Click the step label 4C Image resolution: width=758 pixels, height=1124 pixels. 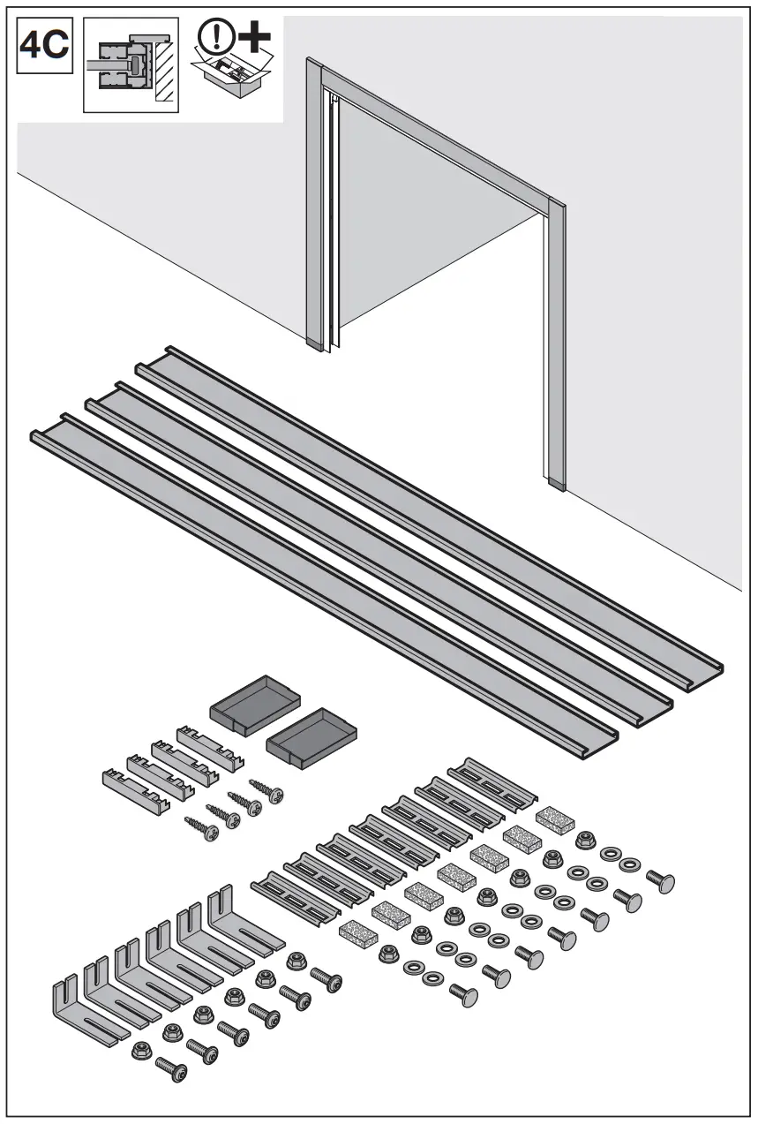[x=44, y=45]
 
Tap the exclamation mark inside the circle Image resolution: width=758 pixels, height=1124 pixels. [x=213, y=36]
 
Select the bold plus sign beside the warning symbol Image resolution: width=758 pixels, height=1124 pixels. [x=253, y=37]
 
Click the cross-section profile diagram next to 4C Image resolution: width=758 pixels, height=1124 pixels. [x=130, y=65]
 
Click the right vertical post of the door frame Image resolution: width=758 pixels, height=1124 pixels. [x=556, y=344]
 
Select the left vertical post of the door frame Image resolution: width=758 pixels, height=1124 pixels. [x=314, y=203]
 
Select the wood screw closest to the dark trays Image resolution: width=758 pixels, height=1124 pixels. [x=266, y=789]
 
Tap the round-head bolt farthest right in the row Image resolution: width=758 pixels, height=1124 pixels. [x=661, y=880]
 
